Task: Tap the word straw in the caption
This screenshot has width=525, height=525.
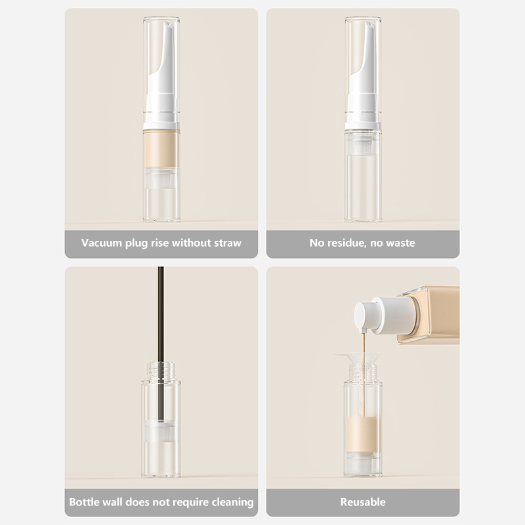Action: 228,243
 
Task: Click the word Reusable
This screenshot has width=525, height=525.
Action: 363,502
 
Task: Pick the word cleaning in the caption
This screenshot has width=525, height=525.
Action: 233,502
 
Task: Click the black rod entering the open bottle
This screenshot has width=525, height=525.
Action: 161,343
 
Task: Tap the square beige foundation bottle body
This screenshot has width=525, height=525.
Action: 429,315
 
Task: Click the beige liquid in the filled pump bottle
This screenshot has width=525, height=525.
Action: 161,150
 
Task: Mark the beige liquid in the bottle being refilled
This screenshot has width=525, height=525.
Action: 363,434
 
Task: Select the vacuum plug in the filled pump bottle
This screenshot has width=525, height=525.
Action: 161,178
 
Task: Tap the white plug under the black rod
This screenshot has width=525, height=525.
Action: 161,432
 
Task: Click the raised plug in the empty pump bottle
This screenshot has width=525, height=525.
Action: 363,147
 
